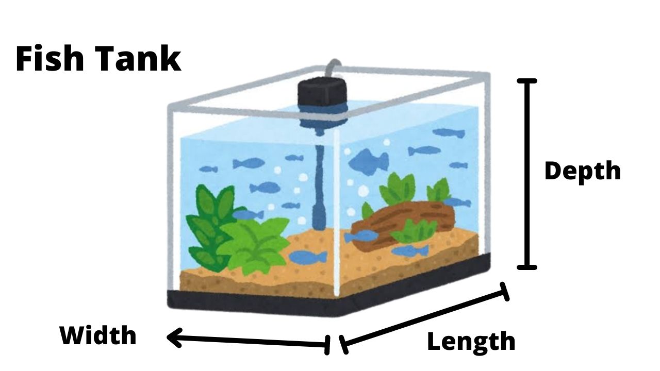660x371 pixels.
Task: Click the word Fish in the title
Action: click(50, 58)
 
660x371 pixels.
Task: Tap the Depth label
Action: click(582, 171)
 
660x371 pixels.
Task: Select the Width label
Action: click(98, 336)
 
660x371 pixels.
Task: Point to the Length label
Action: click(471, 342)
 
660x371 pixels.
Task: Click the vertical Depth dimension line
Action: click(527, 174)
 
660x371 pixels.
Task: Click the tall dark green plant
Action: click(209, 222)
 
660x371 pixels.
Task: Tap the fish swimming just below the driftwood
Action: click(410, 251)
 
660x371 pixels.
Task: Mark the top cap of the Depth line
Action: click(527, 81)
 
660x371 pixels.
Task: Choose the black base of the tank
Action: click(330, 304)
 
